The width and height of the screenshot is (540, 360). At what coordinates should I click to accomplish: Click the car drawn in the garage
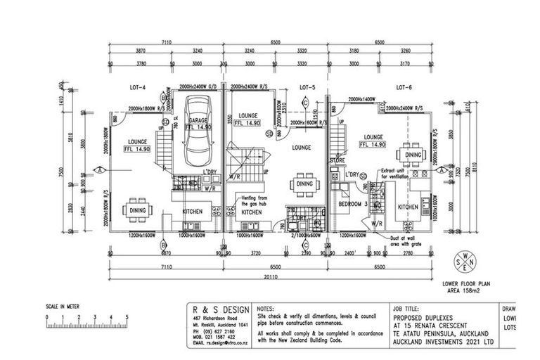pos(197,136)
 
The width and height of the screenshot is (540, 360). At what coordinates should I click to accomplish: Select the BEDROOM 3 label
pos(352,203)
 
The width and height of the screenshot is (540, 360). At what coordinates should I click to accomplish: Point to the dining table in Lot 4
pos(136,210)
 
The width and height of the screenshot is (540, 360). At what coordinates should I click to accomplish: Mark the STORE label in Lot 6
pos(337,162)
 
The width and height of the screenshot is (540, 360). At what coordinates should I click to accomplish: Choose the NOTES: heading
pos(266,308)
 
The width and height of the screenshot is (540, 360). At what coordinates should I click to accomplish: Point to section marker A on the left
pos(101,169)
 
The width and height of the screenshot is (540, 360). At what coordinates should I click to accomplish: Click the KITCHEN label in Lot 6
pos(409,207)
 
